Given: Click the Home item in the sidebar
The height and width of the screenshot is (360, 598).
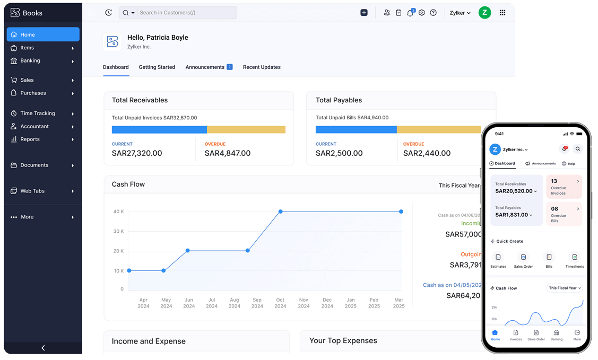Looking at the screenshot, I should [x=42, y=34].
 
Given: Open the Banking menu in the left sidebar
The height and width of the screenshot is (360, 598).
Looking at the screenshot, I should [x=30, y=60].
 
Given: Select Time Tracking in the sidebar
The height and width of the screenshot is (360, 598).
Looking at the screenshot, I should [x=37, y=113].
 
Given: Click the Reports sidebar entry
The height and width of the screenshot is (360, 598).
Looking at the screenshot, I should [x=30, y=139].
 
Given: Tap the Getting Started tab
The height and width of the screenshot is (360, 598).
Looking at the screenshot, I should [x=157, y=67].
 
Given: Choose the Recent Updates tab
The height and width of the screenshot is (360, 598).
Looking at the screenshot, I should [x=262, y=67].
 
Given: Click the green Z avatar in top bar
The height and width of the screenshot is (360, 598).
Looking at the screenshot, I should [x=484, y=13].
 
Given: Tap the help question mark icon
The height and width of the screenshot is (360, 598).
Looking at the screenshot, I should [x=433, y=13].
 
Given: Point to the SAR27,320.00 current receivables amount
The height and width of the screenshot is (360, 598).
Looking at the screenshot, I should [x=137, y=153].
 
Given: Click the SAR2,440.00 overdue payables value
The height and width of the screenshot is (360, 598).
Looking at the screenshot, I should [x=427, y=153].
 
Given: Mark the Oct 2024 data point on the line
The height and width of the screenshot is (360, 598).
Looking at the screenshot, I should [x=280, y=212].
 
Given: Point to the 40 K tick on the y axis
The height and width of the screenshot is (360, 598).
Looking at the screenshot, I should [x=118, y=212].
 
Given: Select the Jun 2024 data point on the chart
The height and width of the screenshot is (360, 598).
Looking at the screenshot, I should [x=188, y=250].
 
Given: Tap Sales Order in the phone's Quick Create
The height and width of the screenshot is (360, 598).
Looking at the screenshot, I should [x=523, y=260].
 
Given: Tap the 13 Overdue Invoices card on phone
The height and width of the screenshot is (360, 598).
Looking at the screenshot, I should [x=564, y=187].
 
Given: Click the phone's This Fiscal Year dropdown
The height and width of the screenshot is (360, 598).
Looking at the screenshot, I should [x=565, y=288].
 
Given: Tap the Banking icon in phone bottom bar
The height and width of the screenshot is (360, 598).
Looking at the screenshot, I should [x=557, y=335].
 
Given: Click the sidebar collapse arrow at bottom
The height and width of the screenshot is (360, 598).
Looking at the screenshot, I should [x=43, y=348].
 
